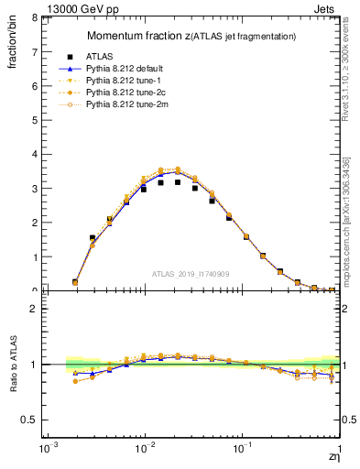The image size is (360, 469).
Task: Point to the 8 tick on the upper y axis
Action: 34,17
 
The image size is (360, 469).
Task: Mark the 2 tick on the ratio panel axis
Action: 34,309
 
